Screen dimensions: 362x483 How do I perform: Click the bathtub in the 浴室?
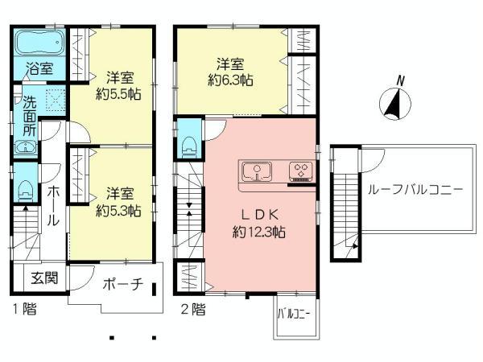tap(38, 41)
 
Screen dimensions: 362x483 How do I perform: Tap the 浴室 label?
tap(38, 69)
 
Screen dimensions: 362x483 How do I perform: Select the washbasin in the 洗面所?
tap(25, 147)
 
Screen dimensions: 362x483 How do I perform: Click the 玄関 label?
tap(44, 280)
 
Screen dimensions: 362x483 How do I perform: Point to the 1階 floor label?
tap(24, 309)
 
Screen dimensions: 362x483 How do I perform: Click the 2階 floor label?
tap(193, 309)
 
